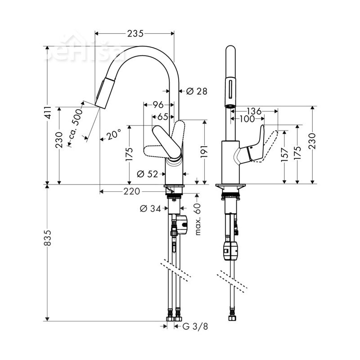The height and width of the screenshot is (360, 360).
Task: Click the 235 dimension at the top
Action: (x=135, y=33)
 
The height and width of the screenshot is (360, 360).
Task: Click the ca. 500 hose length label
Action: (x=76, y=124)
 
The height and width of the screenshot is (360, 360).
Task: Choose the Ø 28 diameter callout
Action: (x=196, y=91)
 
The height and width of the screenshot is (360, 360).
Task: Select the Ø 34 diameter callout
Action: (x=150, y=208)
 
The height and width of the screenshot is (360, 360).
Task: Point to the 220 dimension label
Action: (x=131, y=192)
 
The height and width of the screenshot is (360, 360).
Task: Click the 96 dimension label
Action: (x=157, y=105)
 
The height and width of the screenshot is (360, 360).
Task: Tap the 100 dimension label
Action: (x=247, y=119)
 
